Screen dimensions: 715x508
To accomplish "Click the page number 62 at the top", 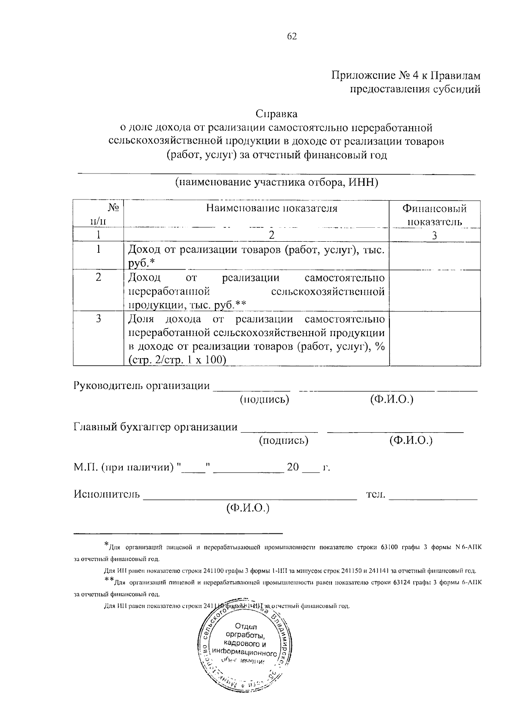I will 292,36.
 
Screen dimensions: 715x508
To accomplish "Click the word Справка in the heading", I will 276,114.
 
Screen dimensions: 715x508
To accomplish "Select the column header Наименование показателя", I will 272,208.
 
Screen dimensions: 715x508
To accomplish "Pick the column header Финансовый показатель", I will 434,215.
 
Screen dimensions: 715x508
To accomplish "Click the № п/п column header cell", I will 98,214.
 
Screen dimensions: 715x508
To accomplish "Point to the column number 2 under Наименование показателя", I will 272,235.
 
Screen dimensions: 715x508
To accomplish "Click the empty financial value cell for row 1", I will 435,256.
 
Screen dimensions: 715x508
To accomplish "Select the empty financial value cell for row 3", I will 435,339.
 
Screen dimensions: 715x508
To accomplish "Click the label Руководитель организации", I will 142,386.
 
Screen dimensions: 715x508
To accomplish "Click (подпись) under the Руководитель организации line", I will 265,400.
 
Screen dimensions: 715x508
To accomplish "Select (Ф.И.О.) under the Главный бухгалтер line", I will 411,441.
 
